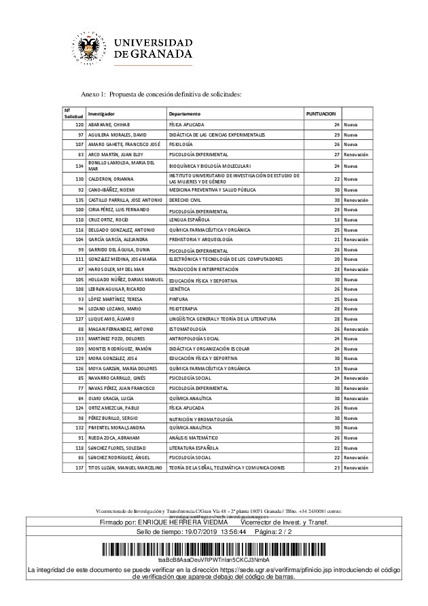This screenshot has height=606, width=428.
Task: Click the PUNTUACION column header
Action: (320, 113)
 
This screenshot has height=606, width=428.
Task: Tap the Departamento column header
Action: (185, 113)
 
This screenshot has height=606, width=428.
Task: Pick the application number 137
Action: (79, 469)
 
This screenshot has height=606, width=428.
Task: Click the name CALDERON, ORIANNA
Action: (111, 179)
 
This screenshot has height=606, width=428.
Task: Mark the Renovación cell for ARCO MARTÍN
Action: (355, 154)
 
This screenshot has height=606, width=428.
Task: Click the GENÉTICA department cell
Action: (179, 289)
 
